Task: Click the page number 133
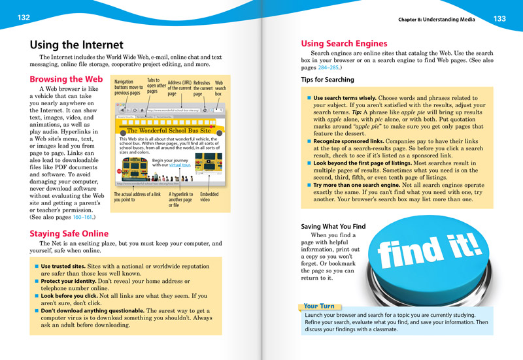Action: [x=499, y=19]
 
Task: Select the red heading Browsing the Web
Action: [x=67, y=79]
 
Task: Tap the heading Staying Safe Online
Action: [x=69, y=233]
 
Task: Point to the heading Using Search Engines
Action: [x=344, y=44]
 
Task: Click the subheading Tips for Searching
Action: [x=328, y=80]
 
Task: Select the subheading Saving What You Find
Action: [x=333, y=226]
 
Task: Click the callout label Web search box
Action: [x=221, y=88]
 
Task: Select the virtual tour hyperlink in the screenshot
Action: [x=180, y=165]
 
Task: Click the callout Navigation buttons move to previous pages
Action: [x=128, y=87]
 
